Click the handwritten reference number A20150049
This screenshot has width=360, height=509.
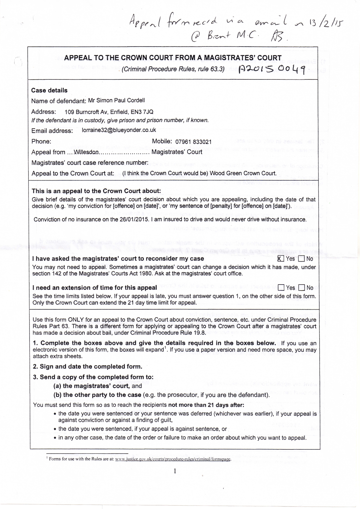click(273, 70)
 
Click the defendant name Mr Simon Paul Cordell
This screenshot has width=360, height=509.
click(116, 101)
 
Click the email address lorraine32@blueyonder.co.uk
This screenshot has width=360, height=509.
click(119, 130)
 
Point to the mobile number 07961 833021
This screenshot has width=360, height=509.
click(193, 142)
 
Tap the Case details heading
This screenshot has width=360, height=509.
click(49, 90)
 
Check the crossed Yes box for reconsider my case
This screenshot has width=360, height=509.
click(281, 259)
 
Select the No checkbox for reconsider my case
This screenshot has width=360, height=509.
click(301, 259)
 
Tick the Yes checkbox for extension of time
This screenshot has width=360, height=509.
click(281, 288)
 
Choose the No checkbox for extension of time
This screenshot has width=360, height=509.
click(302, 288)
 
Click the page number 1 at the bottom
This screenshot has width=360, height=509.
click(175, 471)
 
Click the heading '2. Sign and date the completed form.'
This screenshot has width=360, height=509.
click(87, 367)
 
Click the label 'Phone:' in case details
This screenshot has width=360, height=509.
click(41, 142)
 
